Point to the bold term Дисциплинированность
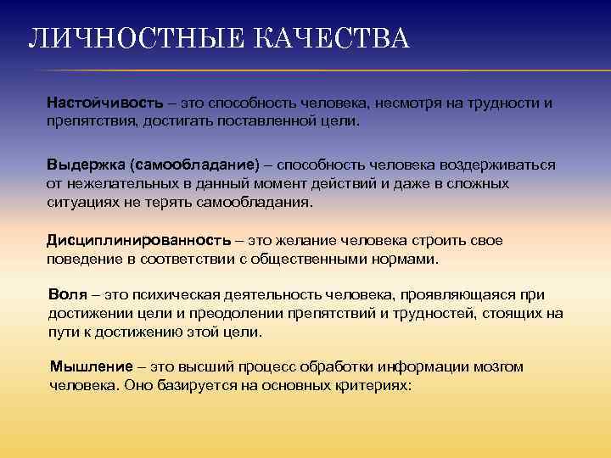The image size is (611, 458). tap(137, 240)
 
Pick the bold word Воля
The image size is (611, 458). tap(69, 294)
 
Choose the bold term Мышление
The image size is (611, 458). tap(92, 366)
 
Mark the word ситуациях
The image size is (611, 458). tap(80, 202)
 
